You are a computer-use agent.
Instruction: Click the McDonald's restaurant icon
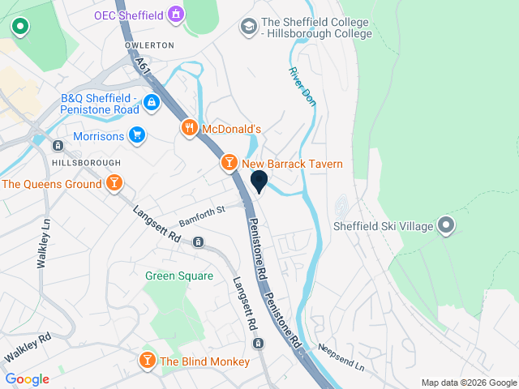tap(189, 128)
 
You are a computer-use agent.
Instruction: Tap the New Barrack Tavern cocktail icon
tap(229, 164)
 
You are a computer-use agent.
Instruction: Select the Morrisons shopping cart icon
tap(137, 136)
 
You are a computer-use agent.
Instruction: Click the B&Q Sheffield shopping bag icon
tap(151, 103)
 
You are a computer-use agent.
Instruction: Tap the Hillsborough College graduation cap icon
tap(248, 28)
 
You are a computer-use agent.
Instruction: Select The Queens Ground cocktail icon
tap(115, 184)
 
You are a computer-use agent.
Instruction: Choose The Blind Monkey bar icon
tap(148, 361)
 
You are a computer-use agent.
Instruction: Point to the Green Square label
tap(179, 276)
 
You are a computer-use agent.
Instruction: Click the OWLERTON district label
tap(149, 45)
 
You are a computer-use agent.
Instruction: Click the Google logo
tap(27, 379)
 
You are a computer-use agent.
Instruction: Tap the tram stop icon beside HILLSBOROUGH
tap(58, 146)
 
